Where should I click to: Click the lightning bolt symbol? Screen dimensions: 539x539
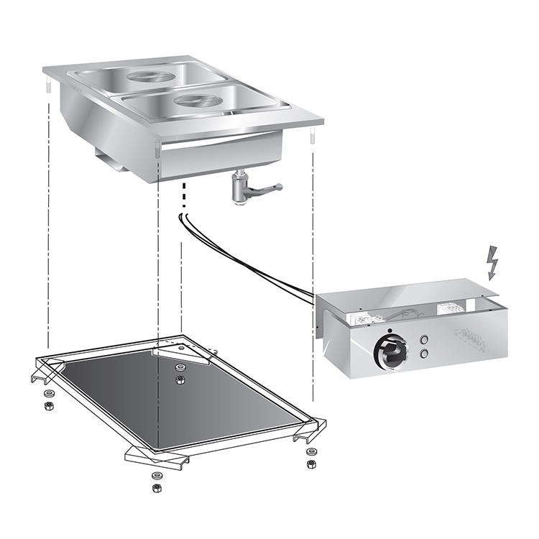click(x=492, y=263)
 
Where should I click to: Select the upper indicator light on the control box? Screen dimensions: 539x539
click(x=425, y=338)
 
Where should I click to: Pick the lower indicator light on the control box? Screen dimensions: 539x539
click(x=425, y=353)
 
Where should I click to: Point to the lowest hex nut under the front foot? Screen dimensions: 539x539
click(x=156, y=488)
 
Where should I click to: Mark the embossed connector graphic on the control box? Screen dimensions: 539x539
click(x=469, y=338)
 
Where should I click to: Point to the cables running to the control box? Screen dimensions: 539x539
click(x=244, y=259)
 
